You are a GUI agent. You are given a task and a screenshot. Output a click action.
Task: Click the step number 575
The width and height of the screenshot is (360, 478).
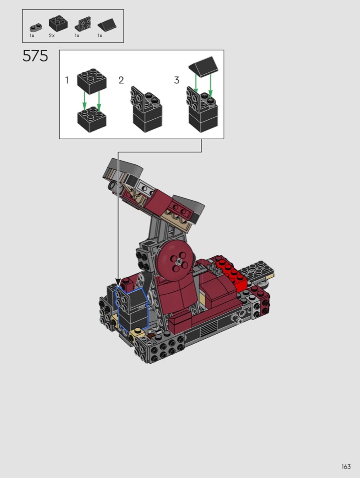pyautogui.click(x=35, y=56)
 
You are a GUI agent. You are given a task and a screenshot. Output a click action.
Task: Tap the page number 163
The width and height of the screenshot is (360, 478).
pyautogui.click(x=346, y=467)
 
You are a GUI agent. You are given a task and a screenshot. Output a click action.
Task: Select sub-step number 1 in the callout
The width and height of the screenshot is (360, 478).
pyautogui.click(x=67, y=80)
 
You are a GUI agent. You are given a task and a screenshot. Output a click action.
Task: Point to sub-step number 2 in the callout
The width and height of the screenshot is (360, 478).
pyautogui.click(x=121, y=80)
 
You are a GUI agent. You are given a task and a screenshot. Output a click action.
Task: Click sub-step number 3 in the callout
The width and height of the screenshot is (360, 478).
pyautogui.click(x=177, y=80)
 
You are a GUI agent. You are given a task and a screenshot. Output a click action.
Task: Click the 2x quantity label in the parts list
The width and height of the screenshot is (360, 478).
pyautogui.click(x=51, y=36)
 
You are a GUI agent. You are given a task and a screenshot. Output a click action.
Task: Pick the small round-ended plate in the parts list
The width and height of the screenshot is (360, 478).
pyautogui.click(x=36, y=27)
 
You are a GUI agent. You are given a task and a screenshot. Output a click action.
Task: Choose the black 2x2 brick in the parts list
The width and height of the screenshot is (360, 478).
pyautogui.click(x=58, y=23)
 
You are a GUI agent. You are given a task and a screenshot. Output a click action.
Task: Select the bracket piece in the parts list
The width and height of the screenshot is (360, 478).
pyautogui.click(x=83, y=24)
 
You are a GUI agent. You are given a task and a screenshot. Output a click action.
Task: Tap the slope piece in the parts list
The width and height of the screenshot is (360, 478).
pyautogui.click(x=107, y=25)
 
